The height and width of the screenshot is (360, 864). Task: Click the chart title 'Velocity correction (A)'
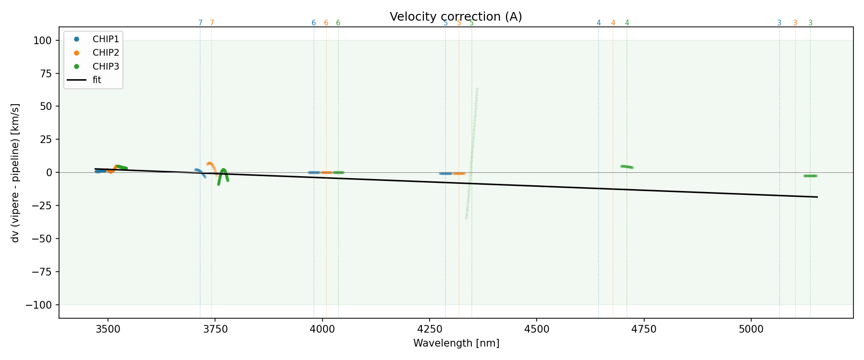click(456, 17)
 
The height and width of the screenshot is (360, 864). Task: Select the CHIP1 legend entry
click(106, 39)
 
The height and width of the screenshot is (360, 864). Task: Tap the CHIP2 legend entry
click(106, 52)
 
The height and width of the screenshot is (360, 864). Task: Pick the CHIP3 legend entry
click(106, 66)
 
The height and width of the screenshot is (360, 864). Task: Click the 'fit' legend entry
click(96, 80)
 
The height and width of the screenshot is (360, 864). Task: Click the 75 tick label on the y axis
click(47, 73)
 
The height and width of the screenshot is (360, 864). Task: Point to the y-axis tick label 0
click(49, 172)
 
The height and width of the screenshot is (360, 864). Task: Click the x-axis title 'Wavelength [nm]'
click(456, 343)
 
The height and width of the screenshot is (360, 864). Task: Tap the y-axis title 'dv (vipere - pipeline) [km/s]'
click(15, 172)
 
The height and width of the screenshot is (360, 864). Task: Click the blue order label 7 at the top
click(200, 23)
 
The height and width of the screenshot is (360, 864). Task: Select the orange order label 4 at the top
click(613, 23)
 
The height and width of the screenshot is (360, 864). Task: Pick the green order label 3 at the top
click(810, 23)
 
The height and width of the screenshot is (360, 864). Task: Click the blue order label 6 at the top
click(313, 23)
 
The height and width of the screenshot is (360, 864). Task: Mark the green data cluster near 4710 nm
click(627, 167)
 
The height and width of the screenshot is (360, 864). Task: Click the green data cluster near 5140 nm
click(810, 176)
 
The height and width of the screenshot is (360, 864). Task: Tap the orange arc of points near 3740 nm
click(210, 164)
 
